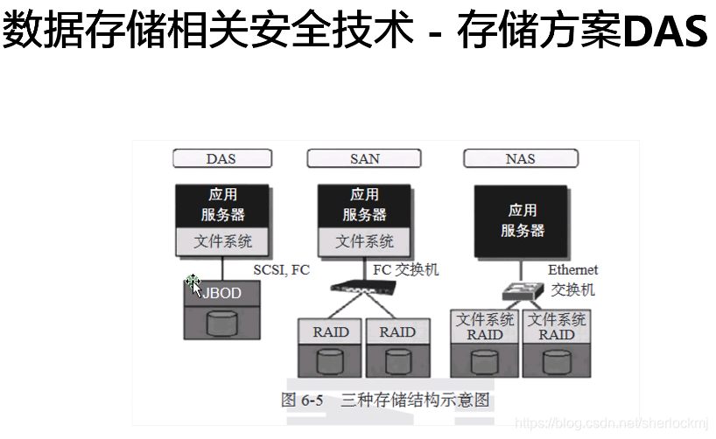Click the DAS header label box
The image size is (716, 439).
(221, 159)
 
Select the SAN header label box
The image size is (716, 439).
(364, 159)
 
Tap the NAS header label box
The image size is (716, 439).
(520, 159)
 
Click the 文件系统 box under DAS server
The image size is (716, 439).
(221, 241)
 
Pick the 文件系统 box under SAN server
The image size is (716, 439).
(364, 241)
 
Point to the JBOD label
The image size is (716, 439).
(222, 294)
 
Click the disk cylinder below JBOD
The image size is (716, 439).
(222, 324)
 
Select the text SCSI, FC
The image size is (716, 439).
(281, 270)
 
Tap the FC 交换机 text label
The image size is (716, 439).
(405, 269)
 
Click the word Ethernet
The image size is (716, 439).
(572, 270)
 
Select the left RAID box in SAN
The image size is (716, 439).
(331, 332)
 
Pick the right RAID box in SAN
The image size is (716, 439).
(397, 332)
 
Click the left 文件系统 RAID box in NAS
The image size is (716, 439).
(485, 327)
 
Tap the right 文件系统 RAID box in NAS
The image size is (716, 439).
(557, 327)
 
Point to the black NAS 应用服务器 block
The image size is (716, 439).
(523, 220)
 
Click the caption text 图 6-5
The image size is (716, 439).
(302, 401)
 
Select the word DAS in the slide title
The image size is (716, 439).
(665, 33)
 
